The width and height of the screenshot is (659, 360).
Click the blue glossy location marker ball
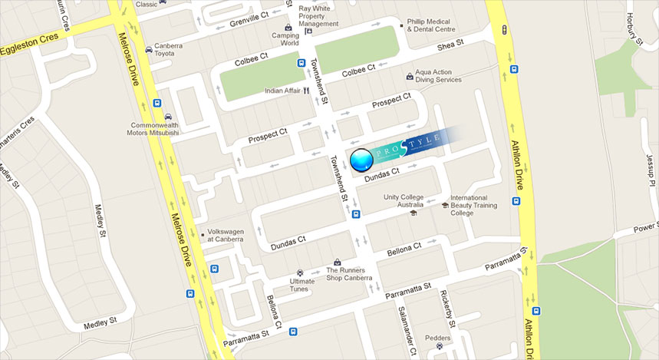(361, 160)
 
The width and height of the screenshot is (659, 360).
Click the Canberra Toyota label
(168, 50)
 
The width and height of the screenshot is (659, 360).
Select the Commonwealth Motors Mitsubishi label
(153, 129)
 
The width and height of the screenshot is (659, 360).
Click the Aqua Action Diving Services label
(438, 75)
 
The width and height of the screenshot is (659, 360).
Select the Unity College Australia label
(404, 201)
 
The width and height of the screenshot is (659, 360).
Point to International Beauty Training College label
(473, 205)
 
